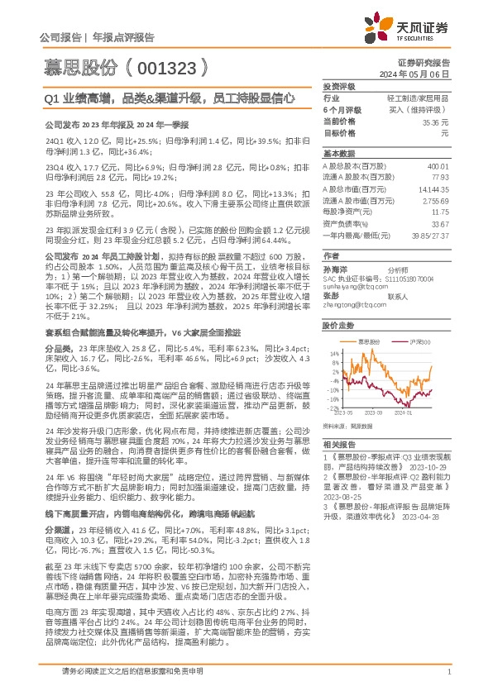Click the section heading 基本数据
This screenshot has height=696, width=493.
pos(338,154)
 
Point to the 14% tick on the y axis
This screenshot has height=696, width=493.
pos(333,353)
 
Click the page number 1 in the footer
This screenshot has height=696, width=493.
pos(448,672)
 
